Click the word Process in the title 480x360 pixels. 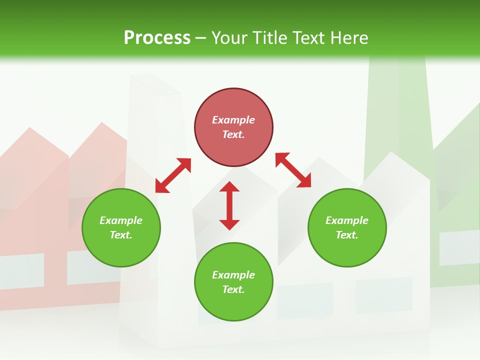(157, 38)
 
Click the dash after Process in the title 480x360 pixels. (200, 38)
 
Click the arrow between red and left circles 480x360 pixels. (173, 175)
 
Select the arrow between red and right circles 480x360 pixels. (293, 170)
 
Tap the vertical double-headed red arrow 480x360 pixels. (229, 205)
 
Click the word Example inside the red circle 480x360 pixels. (233, 120)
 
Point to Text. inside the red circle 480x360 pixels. (233, 134)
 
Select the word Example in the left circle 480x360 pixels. (121, 220)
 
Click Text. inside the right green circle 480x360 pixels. (347, 235)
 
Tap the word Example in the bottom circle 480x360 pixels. (233, 275)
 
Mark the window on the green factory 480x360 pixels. (459, 247)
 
